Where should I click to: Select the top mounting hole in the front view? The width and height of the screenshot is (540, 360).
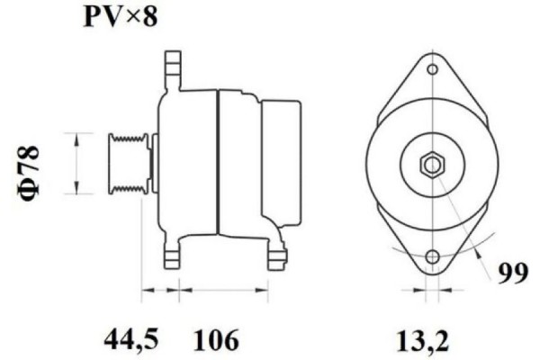432,69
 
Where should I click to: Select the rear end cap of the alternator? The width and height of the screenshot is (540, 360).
281,162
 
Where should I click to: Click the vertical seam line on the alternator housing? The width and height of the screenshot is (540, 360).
219,162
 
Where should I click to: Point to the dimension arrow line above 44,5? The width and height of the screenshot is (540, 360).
160,290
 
